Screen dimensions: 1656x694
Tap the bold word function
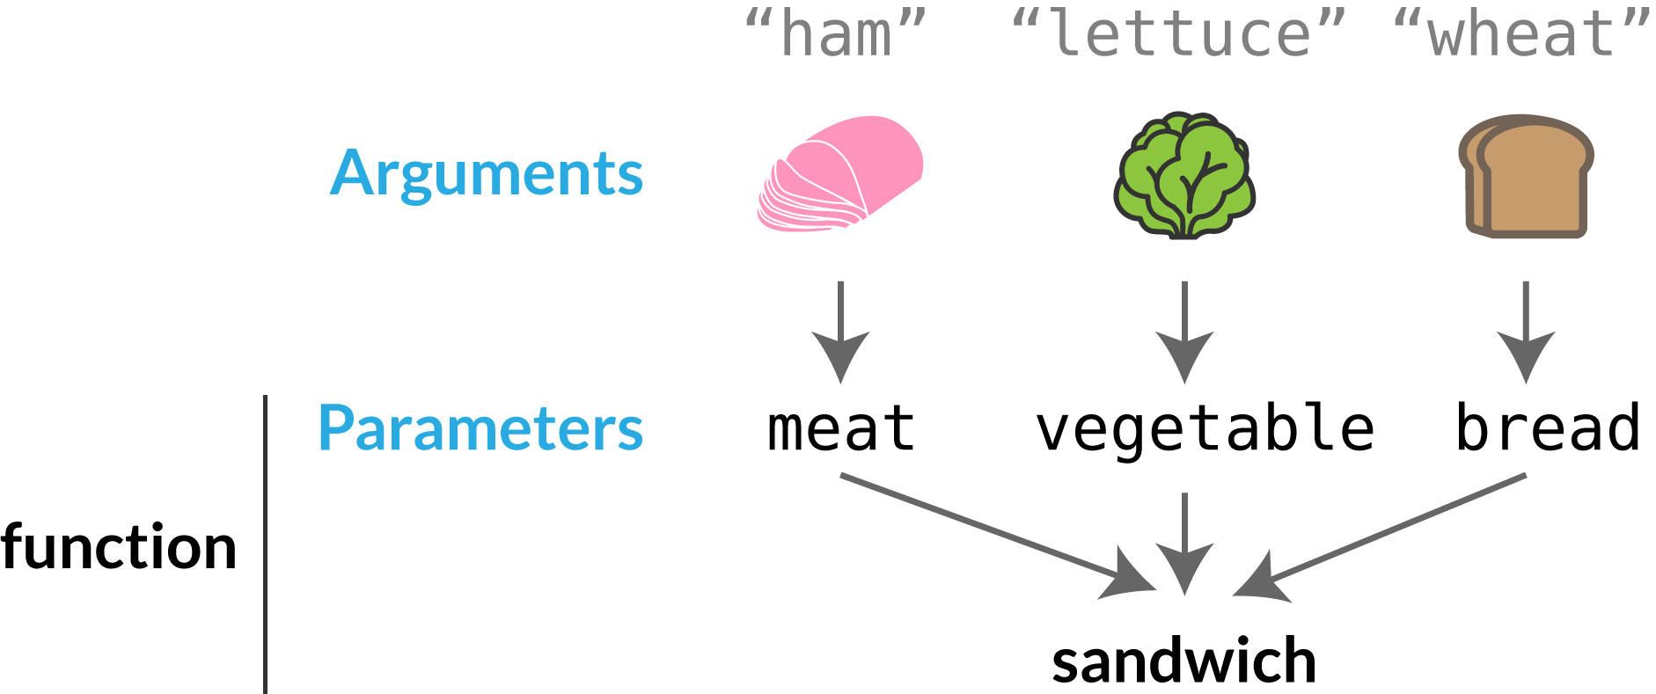coord(119,547)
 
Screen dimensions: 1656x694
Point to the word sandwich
coord(1183,661)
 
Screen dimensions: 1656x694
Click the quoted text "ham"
coord(836,33)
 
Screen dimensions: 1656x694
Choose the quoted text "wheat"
coord(1522,33)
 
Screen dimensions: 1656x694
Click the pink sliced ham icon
coord(840,173)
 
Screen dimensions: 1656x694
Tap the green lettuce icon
coord(1184,175)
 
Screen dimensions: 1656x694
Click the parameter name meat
coord(841,428)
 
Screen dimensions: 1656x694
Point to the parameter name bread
coord(1548,427)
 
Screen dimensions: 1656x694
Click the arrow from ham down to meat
coord(841,332)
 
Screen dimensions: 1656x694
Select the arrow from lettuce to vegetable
coord(1184,332)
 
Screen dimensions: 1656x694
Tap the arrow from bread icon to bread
coord(1526,332)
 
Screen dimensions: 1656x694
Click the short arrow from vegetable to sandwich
coord(1184,544)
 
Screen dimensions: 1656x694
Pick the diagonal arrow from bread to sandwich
coord(1380,537)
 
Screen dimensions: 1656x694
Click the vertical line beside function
coord(265,544)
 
